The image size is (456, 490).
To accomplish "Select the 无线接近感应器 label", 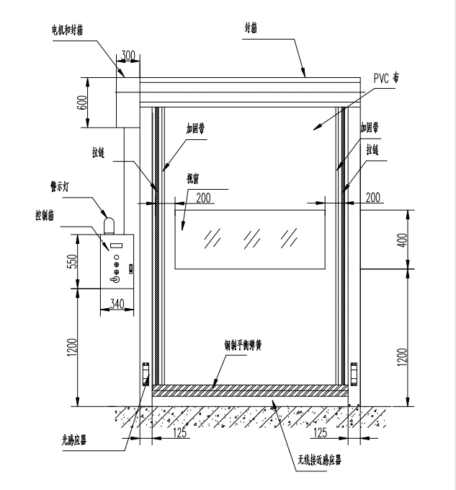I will [315, 459].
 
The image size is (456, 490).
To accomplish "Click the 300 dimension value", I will [128, 56].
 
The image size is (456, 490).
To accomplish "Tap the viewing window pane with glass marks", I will [247, 237].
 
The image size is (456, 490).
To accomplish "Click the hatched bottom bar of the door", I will [250, 390].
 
